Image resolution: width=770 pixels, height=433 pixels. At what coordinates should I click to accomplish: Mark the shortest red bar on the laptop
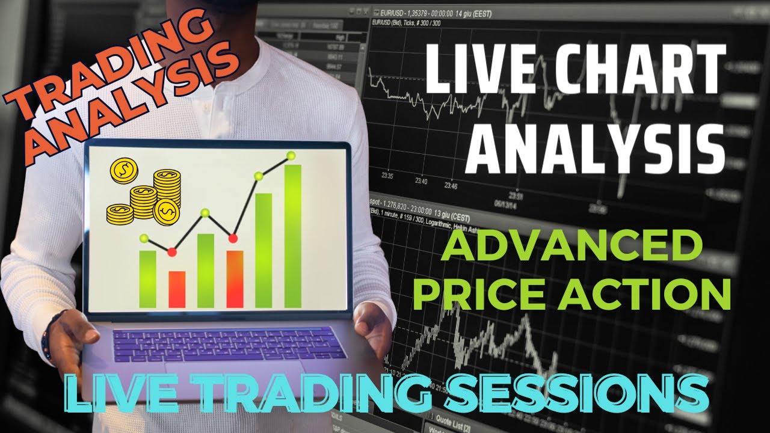click(177, 289)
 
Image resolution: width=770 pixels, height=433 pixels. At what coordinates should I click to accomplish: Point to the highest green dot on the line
click(291, 156)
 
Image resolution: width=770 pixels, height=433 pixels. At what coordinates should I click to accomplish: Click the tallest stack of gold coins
click(167, 188)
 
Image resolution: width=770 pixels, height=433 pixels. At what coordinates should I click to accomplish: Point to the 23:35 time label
click(387, 176)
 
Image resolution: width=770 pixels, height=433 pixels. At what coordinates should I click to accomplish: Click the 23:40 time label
click(420, 181)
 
